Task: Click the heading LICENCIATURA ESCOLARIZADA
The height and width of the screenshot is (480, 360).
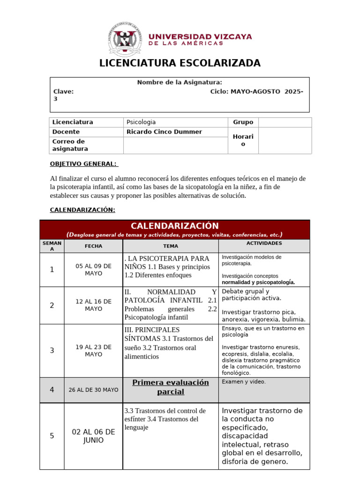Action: (x=180, y=63)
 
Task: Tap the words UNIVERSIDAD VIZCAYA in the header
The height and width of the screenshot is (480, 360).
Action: (x=200, y=37)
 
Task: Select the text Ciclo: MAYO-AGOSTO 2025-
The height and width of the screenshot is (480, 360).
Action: (x=256, y=91)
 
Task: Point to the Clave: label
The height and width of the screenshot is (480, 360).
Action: (x=63, y=91)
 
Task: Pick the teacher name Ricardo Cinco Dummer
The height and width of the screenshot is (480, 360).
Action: (x=164, y=132)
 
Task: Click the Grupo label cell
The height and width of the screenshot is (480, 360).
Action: (x=243, y=122)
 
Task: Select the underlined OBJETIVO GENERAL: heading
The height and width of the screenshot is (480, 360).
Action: (x=84, y=163)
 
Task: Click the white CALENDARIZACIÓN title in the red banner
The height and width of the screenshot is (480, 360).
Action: (x=174, y=226)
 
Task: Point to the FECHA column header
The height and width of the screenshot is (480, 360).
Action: (x=93, y=246)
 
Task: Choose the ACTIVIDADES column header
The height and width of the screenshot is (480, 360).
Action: (x=264, y=243)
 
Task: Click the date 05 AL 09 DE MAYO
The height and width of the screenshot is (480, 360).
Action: (x=93, y=270)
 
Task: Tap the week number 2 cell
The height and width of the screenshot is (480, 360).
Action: (x=52, y=305)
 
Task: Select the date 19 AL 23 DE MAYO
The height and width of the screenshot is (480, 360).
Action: (x=93, y=351)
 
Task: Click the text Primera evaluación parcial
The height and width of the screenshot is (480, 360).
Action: (x=171, y=387)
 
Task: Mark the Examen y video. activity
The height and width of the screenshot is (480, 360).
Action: (x=243, y=382)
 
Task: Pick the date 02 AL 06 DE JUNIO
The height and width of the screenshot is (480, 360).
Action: (x=93, y=436)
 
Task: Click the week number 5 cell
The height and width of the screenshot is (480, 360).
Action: (x=52, y=436)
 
